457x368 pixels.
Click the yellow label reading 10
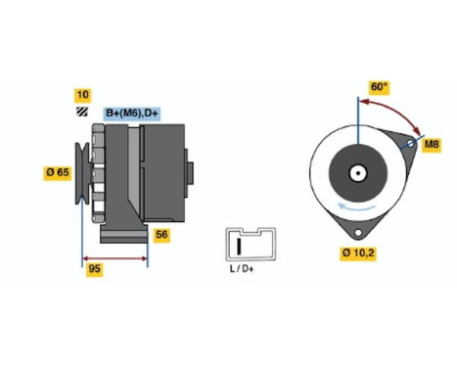(83, 95)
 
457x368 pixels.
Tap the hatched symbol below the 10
(83, 113)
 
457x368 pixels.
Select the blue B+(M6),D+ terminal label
(132, 114)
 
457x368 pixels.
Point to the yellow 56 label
(162, 235)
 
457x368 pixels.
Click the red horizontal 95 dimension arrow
(114, 259)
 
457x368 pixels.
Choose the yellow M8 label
(431, 145)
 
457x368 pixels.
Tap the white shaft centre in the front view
(358, 174)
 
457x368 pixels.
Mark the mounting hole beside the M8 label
(411, 143)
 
